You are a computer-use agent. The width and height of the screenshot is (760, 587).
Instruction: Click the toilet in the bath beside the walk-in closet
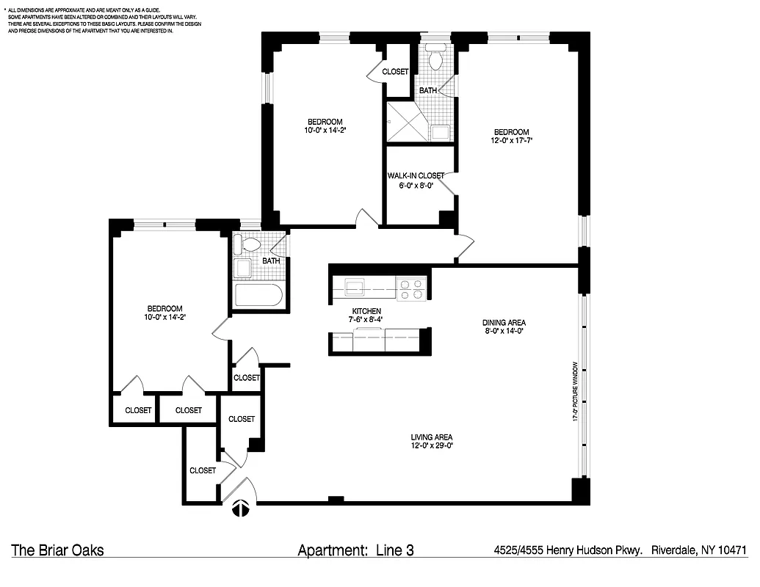tap(435, 59)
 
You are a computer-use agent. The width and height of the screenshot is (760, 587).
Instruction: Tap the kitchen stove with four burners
tap(411, 288)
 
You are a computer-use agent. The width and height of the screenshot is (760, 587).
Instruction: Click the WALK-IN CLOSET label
tap(416, 175)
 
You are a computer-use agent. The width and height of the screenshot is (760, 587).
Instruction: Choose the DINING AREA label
tap(504, 322)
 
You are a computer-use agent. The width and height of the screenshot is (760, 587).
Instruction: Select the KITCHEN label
tap(366, 311)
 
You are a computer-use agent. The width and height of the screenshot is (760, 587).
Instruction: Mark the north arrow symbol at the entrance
tap(240, 508)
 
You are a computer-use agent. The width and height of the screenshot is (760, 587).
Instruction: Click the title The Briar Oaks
tap(57, 550)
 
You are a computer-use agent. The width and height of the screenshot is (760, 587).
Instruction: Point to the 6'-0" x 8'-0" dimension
tap(416, 186)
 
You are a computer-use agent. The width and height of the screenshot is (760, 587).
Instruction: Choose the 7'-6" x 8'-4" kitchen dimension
tap(366, 320)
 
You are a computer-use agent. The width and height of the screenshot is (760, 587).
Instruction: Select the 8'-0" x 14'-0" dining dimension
tap(504, 331)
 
